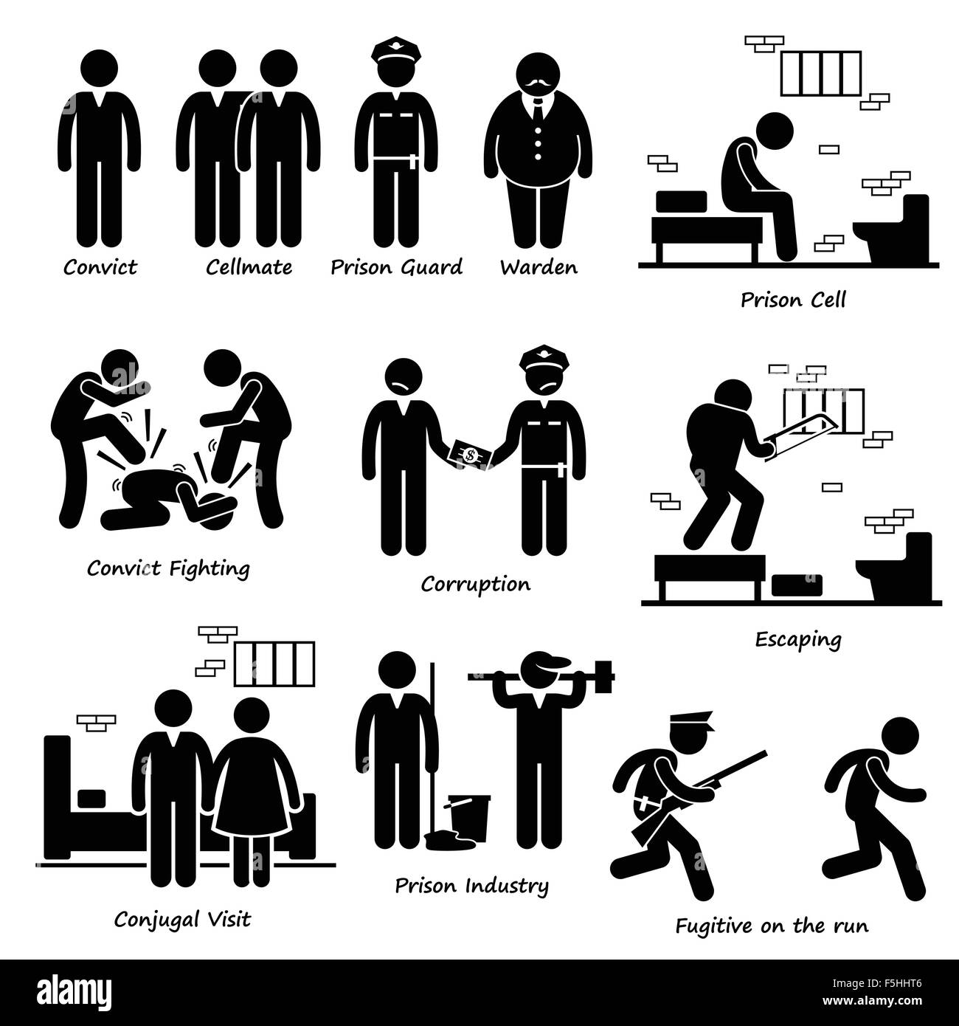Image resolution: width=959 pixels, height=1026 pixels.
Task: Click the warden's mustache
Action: coord(538,83)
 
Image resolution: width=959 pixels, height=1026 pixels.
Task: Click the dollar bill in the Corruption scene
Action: coord(469,455)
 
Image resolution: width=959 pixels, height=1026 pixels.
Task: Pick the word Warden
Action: coord(539,267)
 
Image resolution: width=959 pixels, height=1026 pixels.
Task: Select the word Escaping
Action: coord(798,639)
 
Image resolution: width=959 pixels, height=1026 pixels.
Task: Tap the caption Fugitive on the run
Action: coord(772,926)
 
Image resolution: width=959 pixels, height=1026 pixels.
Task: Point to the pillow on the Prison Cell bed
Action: coord(681,202)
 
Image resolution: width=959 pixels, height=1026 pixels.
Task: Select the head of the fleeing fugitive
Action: coord(900,737)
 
